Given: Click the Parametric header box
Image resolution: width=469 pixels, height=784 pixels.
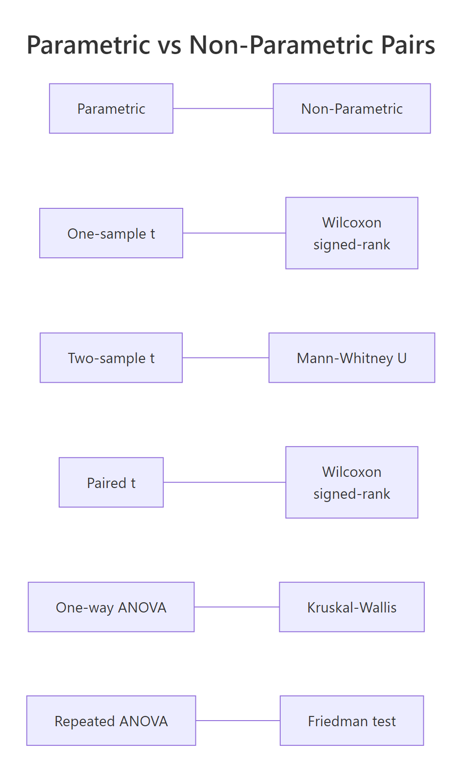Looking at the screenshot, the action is (111, 109).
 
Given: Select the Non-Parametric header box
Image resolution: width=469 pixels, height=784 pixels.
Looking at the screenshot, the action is (352, 109).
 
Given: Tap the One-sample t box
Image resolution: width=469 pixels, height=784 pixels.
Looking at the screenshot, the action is (111, 233).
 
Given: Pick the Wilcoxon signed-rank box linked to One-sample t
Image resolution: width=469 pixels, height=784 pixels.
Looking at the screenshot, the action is (352, 233).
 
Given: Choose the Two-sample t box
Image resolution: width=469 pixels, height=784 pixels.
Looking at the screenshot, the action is (111, 358).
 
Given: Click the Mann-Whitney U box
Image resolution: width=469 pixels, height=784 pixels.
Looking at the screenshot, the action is (352, 358).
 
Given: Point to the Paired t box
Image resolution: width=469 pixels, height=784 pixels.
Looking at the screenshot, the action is (111, 482).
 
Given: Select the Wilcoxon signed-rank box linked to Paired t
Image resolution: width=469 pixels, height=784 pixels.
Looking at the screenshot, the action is (352, 482).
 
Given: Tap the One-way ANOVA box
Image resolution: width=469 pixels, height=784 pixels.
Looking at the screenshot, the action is (111, 607).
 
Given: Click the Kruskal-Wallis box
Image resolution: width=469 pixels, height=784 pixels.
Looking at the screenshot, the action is (352, 607).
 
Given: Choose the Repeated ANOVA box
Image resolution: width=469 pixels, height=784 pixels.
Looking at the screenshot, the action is (111, 721).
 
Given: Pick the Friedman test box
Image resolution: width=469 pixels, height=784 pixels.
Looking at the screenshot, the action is (352, 721).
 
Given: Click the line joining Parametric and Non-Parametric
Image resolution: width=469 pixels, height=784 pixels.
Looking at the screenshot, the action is (223, 109).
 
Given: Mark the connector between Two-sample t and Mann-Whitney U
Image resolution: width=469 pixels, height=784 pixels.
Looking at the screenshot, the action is (226, 358).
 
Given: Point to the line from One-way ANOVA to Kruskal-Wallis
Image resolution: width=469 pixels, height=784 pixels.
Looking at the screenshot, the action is (237, 607).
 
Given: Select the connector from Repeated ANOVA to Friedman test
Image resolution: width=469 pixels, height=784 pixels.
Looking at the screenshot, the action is (238, 721).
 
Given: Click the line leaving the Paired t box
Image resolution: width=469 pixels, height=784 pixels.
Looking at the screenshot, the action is (224, 482).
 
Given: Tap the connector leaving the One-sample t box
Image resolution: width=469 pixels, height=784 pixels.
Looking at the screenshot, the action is (234, 233).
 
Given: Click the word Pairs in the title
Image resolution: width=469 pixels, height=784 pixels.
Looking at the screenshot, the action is (408, 45).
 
